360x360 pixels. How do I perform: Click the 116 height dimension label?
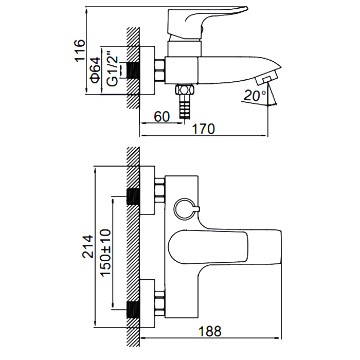(79, 50)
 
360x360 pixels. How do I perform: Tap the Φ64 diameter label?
(96, 69)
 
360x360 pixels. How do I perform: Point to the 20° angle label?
(256, 96)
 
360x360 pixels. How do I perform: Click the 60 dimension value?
(161, 117)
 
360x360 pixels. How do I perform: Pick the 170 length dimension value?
(204, 130)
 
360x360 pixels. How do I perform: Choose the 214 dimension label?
(87, 247)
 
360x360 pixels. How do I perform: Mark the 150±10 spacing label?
(104, 251)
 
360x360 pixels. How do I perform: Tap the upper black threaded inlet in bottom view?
(133, 197)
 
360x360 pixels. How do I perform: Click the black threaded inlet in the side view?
(133, 70)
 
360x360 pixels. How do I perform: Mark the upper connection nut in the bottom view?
(159, 190)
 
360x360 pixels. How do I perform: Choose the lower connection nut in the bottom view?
(159, 303)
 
